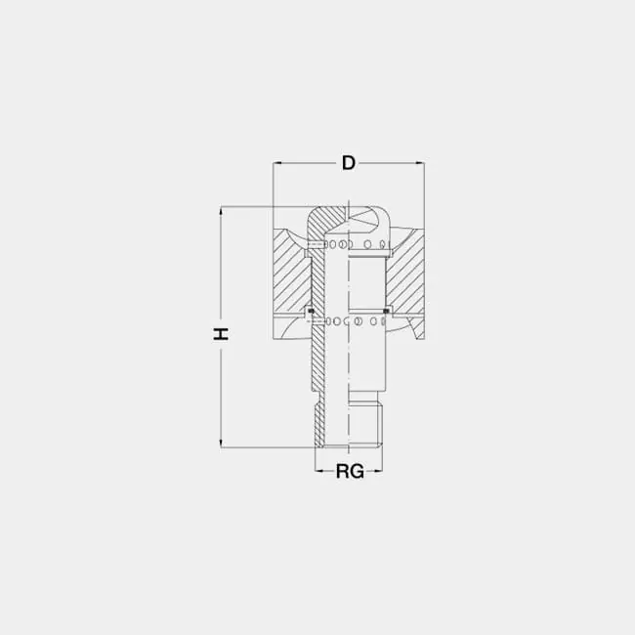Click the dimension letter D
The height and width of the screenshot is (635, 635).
pos(349,163)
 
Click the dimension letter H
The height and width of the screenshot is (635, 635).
pos(222,334)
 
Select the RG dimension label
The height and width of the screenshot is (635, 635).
pos(350,472)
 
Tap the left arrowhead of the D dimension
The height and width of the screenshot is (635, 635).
pos(277,163)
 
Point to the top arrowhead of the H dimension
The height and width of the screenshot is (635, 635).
pos(221,211)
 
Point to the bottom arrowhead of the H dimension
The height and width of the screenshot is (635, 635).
pos(221,444)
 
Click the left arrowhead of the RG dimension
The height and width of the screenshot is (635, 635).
pos(319,471)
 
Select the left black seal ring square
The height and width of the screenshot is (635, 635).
pos(311,311)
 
